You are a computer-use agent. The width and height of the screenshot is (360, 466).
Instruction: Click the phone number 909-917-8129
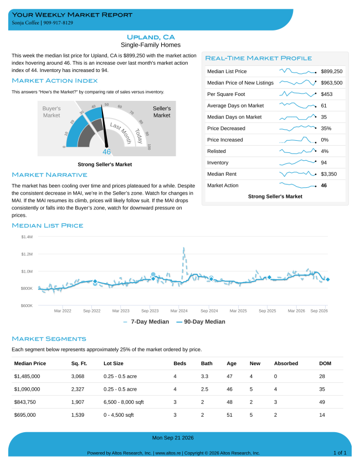(x=58, y=23)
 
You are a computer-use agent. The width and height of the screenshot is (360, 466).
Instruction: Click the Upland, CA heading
(x=151, y=37)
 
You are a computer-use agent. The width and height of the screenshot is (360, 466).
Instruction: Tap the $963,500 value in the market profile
(x=332, y=83)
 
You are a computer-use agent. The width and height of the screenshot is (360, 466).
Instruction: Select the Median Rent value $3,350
(x=329, y=174)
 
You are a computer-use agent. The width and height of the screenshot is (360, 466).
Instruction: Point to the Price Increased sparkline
(x=297, y=140)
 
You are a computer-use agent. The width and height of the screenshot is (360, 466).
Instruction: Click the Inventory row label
(x=218, y=162)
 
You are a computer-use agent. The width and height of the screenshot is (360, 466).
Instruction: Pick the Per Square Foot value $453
(x=326, y=94)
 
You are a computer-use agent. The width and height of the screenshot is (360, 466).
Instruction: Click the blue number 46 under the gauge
(x=106, y=152)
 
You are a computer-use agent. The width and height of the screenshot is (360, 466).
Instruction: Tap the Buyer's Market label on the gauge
(x=52, y=112)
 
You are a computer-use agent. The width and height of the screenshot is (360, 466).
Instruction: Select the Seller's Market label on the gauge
(x=162, y=112)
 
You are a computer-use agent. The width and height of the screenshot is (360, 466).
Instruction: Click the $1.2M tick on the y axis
(x=27, y=254)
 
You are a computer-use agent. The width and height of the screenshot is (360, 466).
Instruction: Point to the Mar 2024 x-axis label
(x=179, y=311)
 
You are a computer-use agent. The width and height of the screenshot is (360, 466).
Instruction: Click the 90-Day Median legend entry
(x=201, y=321)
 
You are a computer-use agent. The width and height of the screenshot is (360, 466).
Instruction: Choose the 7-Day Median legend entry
(x=146, y=321)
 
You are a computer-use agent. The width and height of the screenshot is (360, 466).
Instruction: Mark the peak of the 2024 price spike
(x=183, y=248)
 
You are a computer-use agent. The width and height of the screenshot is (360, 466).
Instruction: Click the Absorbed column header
(x=286, y=363)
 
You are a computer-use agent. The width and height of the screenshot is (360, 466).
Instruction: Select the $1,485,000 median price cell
(x=27, y=376)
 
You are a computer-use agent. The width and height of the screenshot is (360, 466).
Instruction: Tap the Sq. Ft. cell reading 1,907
(x=78, y=402)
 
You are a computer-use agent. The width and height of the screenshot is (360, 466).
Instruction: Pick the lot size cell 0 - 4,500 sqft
(x=119, y=415)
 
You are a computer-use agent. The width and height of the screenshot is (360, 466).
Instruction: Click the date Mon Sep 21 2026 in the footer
(x=173, y=438)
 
